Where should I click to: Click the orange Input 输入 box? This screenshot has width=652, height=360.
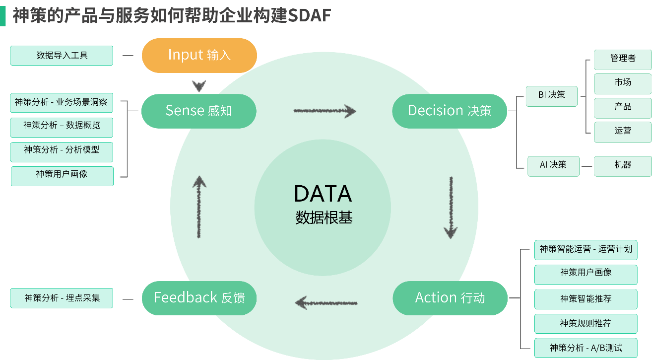[x=199, y=55]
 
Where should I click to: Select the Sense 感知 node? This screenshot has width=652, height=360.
[x=198, y=110]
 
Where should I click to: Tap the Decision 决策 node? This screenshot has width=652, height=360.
[x=450, y=110]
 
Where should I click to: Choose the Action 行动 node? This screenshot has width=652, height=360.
[x=450, y=297]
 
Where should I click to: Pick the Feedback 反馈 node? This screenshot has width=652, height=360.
[x=199, y=297]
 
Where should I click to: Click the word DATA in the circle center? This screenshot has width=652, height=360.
[x=323, y=194]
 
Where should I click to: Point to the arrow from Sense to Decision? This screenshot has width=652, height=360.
[x=325, y=111]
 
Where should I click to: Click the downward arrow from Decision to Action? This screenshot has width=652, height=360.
[x=451, y=207]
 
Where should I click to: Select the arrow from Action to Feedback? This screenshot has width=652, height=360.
[x=326, y=301]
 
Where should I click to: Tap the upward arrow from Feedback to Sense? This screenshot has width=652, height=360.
[x=199, y=206]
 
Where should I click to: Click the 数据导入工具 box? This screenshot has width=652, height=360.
[x=62, y=56]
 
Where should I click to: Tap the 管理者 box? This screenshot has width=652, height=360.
[x=623, y=59]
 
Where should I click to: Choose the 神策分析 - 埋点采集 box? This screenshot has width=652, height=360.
[x=62, y=298]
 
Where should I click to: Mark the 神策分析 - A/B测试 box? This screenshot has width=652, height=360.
[x=586, y=348]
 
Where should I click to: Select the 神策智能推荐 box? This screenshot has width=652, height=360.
[x=586, y=299]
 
